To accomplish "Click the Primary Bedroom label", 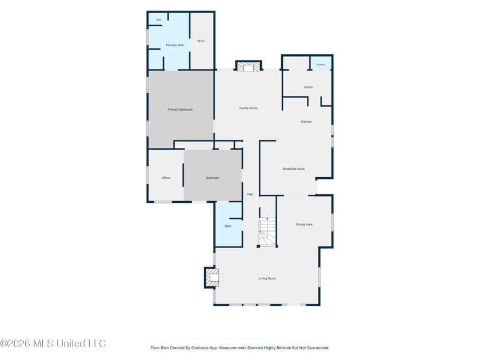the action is click(180, 110).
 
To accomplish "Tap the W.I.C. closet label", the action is click(201, 41).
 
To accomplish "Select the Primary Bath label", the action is click(175, 45).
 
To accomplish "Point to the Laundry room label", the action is click(320, 65).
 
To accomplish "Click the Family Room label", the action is click(248, 108).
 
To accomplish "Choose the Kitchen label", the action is click(306, 122).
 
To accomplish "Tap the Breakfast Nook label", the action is click(294, 169).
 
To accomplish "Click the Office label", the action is click(166, 178).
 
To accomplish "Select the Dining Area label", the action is click(304, 225).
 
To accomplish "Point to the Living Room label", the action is click(267, 279).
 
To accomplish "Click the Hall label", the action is click(250, 194).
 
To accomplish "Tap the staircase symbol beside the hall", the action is click(267, 232).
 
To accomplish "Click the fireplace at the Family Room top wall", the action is click(249, 66).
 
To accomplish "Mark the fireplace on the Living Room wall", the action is click(212, 278).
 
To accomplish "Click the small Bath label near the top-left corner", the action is click(159, 20).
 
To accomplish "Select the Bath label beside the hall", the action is click(228, 226).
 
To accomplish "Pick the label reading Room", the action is click(308, 87).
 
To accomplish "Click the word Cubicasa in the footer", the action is click(200, 348).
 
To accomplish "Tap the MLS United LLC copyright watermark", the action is click(53, 343).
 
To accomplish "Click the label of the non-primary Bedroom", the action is click(213, 178).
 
